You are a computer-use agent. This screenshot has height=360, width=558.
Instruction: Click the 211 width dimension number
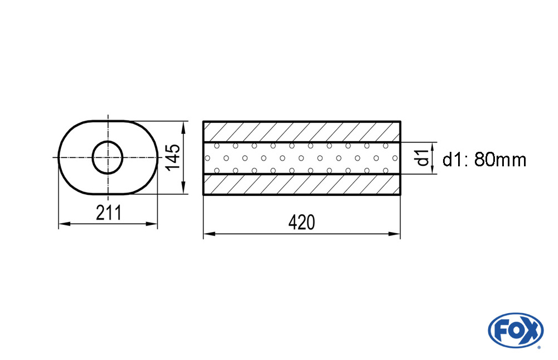tap(109, 213)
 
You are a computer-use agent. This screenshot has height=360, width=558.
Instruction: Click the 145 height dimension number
tap(174, 157)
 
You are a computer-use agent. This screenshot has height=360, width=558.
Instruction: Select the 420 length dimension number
tap(301, 223)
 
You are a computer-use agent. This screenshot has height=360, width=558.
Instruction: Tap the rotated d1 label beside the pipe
tap(423, 158)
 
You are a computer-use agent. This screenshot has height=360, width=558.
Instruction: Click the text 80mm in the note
tap(501, 160)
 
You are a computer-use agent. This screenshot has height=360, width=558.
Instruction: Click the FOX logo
tap(516, 330)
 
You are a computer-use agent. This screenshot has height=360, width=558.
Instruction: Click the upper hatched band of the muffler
tap(302, 132)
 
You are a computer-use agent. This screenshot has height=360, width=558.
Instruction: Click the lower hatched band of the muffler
tap(302, 184)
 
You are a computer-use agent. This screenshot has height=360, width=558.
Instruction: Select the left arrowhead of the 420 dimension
tap(209, 234)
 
